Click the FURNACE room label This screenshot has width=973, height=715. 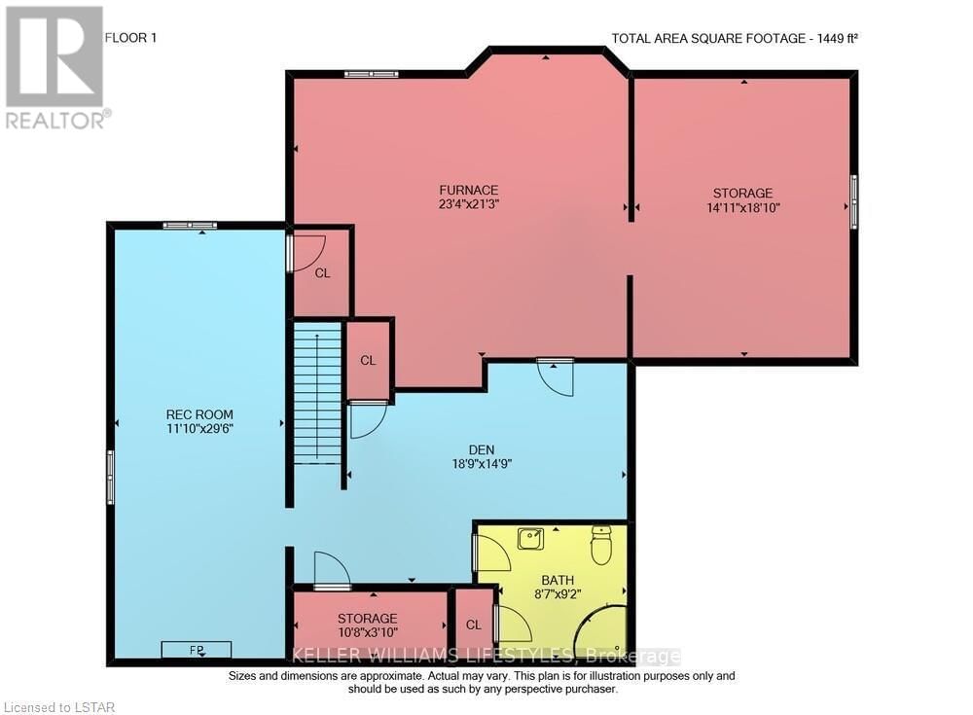coord(468,190)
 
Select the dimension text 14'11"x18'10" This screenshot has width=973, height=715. coord(743,207)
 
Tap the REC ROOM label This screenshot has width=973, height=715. coord(199,413)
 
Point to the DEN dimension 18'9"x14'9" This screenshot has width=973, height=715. coord(481,464)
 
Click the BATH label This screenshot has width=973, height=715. coord(552,578)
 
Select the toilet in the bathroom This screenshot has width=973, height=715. coord(601,545)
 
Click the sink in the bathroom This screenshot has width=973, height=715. coord(531,538)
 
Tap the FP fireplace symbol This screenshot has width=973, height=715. coord(197,649)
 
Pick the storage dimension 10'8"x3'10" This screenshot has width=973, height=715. coord(368,632)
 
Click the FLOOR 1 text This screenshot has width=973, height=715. coord(129,38)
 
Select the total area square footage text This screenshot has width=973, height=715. coord(734,39)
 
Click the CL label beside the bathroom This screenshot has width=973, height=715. coord(474,625)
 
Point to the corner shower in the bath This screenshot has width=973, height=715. coord(600,632)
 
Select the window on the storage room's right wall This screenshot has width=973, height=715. coord(854,201)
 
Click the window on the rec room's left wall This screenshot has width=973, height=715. coord(110,477)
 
